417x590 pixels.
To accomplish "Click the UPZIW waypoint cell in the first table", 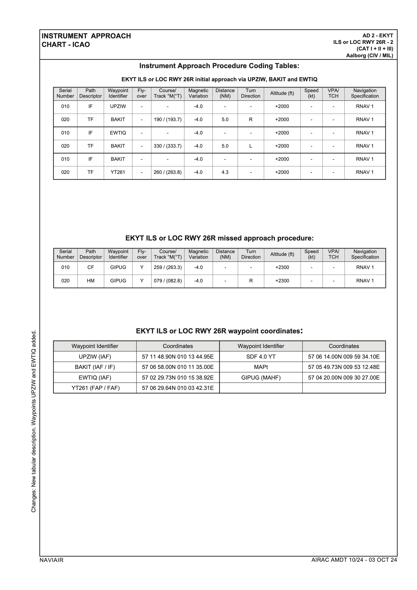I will click(118, 106).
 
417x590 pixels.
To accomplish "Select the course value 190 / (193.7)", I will click(168, 120).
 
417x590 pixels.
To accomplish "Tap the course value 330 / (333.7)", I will click(168, 146).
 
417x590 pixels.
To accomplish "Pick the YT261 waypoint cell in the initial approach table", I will click(118, 172).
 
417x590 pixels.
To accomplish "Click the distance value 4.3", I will click(225, 172).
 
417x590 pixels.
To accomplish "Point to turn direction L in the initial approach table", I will click(251, 146).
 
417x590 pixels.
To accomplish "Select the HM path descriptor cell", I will click(91, 281).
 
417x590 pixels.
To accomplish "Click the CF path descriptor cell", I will click(91, 267).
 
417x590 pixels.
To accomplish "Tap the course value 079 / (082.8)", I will click(168, 281).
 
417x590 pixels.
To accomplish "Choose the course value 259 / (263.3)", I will click(168, 267).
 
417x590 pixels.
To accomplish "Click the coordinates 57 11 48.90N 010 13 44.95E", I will click(178, 357).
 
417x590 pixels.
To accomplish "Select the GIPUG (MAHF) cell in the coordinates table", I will click(261, 378).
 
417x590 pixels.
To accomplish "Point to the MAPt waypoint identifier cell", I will click(261, 367).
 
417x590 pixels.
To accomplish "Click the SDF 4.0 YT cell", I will click(261, 357).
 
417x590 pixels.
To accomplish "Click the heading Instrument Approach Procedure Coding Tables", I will click(219, 66).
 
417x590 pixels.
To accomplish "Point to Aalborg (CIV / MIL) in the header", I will click(370, 56).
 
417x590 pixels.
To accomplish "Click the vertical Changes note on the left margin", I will click(34, 421).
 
